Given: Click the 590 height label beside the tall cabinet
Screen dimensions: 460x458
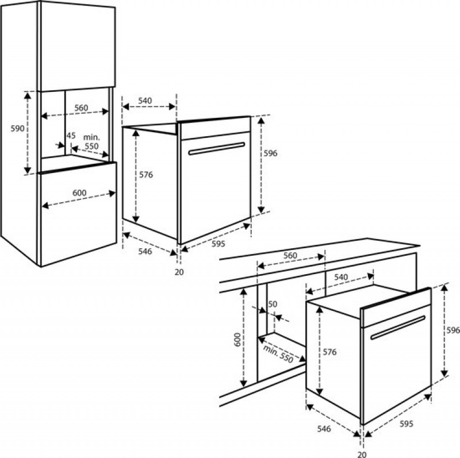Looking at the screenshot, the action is (x=17, y=128).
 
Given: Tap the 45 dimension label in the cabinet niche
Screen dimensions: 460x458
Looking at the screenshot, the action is (x=71, y=136).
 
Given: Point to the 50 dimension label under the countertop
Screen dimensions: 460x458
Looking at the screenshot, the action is (x=273, y=304).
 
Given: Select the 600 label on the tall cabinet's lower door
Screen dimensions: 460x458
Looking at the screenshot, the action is (x=79, y=193).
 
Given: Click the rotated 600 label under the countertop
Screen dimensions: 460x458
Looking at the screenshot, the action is (x=237, y=339).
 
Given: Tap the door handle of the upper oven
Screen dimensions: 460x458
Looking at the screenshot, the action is (x=217, y=148).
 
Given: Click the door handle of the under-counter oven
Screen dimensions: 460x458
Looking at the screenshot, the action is (x=398, y=328).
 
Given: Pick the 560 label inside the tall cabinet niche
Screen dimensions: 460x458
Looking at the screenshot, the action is (x=81, y=108).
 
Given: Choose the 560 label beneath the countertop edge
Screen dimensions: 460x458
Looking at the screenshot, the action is (x=290, y=255).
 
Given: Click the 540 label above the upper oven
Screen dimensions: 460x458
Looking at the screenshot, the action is (x=145, y=101).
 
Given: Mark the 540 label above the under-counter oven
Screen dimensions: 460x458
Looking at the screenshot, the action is (x=341, y=277).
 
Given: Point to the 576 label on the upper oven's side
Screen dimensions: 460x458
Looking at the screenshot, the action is (x=146, y=175).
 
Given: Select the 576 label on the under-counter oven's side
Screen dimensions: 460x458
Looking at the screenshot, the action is (x=329, y=352).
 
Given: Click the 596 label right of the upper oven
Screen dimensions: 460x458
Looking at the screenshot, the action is (x=270, y=153).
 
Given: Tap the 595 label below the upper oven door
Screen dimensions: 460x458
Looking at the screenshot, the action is (x=218, y=244).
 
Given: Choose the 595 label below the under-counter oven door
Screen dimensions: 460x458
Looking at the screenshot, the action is (x=407, y=424).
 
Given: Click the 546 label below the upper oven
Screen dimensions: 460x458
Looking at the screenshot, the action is (x=145, y=251).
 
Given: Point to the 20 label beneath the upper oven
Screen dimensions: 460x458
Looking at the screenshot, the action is (x=179, y=272).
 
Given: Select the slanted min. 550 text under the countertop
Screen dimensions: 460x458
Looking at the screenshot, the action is (x=278, y=353).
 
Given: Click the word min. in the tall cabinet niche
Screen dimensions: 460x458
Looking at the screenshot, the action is (x=91, y=137).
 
